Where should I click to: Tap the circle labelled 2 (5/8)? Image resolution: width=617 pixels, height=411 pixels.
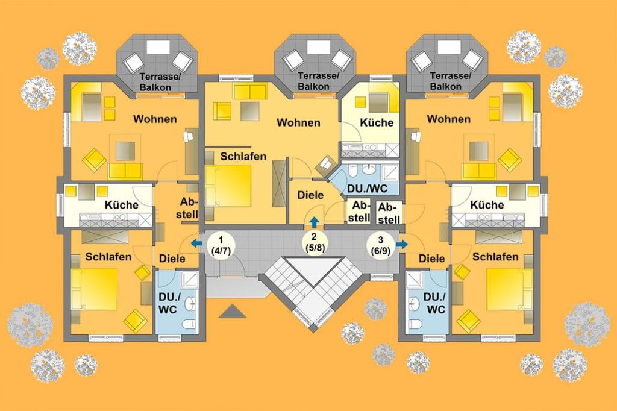(x=314, y=243)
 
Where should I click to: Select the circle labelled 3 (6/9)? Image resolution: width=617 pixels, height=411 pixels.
(x=380, y=245)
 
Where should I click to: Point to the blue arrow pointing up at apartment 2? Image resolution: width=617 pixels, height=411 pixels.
(x=314, y=222)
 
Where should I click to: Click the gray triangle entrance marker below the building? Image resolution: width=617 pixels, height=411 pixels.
(x=233, y=311)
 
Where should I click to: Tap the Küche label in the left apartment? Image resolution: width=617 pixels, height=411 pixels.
(x=122, y=205)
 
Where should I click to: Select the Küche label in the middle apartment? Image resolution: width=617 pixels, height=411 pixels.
(x=377, y=122)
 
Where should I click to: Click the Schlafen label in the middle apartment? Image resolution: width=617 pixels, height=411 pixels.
(x=243, y=156)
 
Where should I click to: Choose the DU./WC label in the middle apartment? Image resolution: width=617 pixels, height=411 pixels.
(x=367, y=189)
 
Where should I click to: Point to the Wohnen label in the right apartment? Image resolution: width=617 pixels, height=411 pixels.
(x=448, y=119)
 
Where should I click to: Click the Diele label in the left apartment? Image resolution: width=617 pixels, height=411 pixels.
(x=172, y=259)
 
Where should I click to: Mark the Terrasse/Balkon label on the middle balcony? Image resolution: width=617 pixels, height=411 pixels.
(x=318, y=81)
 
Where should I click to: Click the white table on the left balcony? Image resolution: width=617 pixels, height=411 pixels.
(x=158, y=47)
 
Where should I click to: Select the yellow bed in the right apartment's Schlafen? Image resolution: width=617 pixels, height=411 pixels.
(x=505, y=289)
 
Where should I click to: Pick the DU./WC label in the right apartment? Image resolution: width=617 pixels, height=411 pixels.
(x=435, y=303)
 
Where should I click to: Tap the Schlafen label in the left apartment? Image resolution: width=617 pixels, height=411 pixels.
(x=108, y=257)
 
